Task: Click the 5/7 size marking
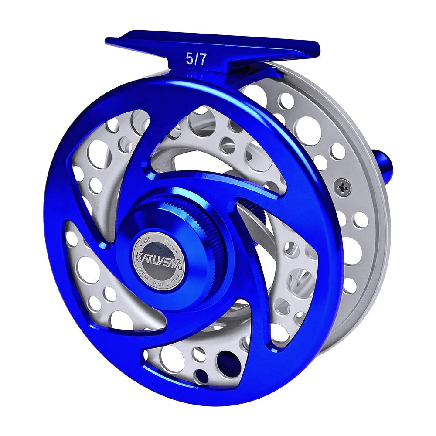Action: pyautogui.click(x=196, y=60)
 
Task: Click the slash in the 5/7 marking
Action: pyautogui.click(x=196, y=60)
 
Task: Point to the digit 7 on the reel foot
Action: pyautogui.click(x=202, y=60)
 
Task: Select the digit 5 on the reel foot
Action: pyautogui.click(x=190, y=60)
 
